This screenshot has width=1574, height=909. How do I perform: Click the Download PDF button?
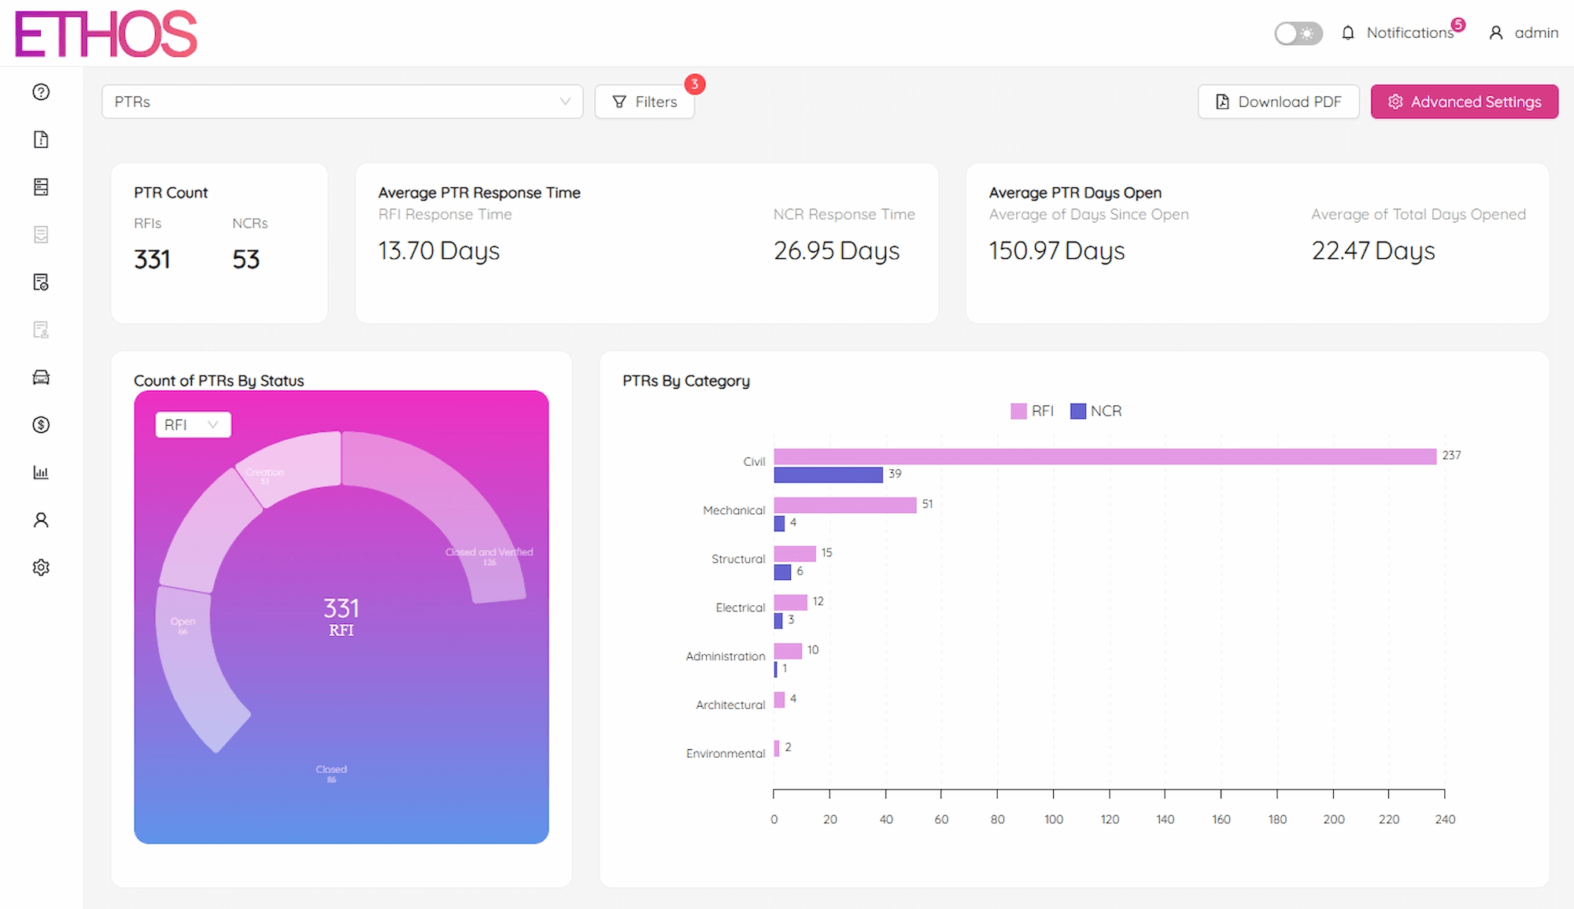(1278, 102)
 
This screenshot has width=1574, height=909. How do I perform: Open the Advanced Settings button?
(1464, 102)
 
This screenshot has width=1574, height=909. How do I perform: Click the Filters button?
(645, 102)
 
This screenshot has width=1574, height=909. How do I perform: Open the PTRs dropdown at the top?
(342, 102)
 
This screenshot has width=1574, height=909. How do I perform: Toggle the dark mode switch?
(1298, 33)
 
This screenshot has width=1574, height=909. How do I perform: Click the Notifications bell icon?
(1348, 33)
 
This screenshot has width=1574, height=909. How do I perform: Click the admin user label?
(1535, 33)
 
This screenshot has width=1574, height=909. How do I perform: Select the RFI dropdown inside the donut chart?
(193, 425)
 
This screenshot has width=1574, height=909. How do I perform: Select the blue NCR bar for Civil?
(828, 475)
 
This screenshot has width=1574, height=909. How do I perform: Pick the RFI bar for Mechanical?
(844, 504)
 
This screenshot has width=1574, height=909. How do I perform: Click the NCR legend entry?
(1096, 411)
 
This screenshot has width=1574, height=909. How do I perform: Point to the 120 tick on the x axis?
(1110, 819)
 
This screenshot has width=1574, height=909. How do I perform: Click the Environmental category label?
(725, 753)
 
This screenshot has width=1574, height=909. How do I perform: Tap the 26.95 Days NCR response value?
(836, 251)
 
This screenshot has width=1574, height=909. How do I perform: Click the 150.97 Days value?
(1056, 251)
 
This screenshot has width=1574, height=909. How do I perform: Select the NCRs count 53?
(246, 260)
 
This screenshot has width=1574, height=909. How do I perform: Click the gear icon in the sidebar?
(41, 567)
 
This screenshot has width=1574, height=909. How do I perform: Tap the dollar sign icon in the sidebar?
(41, 425)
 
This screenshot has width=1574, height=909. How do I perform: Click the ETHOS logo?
(106, 34)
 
